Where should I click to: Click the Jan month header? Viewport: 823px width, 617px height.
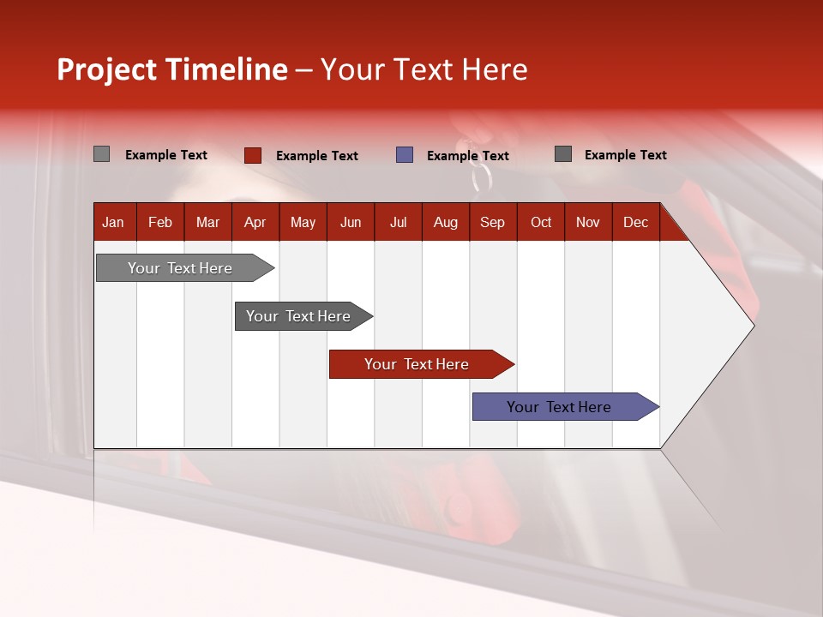113,222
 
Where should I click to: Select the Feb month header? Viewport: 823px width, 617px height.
160,222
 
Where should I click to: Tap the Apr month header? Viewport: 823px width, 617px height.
255,222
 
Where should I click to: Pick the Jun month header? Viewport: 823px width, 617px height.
351,222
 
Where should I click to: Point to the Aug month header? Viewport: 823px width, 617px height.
446,222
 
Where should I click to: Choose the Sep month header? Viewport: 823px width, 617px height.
493,222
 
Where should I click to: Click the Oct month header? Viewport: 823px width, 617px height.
541,222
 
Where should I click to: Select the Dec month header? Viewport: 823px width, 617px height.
636,222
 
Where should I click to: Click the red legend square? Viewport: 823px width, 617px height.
253,155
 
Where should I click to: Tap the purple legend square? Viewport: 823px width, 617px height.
405,155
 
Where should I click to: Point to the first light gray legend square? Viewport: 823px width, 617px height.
101,154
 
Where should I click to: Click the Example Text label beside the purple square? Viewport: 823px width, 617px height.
468,156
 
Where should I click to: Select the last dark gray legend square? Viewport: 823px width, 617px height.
563,154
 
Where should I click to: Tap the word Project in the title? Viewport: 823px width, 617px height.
107,69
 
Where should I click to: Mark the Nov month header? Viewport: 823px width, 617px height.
588,222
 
